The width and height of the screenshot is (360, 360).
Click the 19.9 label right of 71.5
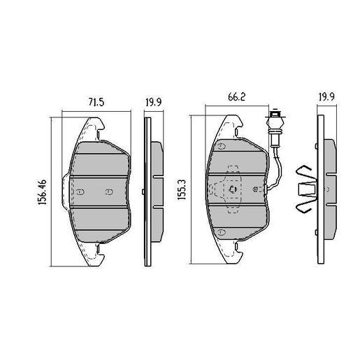point(153,103)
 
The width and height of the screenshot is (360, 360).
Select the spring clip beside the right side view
point(304,189)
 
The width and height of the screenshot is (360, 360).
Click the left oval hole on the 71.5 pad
point(80,192)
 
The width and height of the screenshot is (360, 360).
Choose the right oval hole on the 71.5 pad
point(108,192)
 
